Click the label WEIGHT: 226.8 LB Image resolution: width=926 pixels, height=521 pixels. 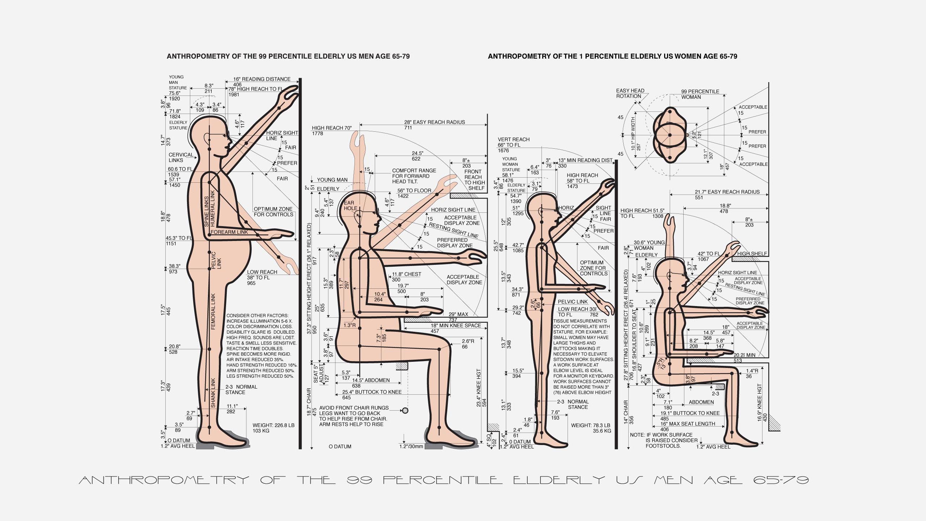(273, 425)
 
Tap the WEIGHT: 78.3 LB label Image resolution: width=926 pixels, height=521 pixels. (591, 425)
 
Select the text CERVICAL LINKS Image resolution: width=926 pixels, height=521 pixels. (181, 158)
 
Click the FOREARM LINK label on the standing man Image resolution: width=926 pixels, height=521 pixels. (229, 232)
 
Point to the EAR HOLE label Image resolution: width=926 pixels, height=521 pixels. (350, 206)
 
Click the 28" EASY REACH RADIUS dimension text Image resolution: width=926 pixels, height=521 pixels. (434, 122)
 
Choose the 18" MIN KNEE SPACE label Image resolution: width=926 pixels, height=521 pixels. (456, 326)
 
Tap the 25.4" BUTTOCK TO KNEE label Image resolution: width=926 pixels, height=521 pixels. (372, 392)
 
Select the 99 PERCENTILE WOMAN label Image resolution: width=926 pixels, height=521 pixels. (700, 94)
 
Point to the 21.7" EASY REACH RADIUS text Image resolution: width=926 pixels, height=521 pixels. (727, 192)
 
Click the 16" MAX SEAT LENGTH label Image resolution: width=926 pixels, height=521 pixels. (688, 424)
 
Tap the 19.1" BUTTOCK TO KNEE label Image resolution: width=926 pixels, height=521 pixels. (690, 413)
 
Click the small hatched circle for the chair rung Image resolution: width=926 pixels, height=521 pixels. (405, 410)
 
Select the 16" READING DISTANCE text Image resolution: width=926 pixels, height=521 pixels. (262, 79)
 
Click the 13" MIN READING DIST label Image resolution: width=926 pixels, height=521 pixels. (585, 160)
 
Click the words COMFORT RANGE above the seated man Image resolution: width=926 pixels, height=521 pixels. (414, 171)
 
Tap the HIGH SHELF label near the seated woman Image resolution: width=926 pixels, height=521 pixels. (752, 254)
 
